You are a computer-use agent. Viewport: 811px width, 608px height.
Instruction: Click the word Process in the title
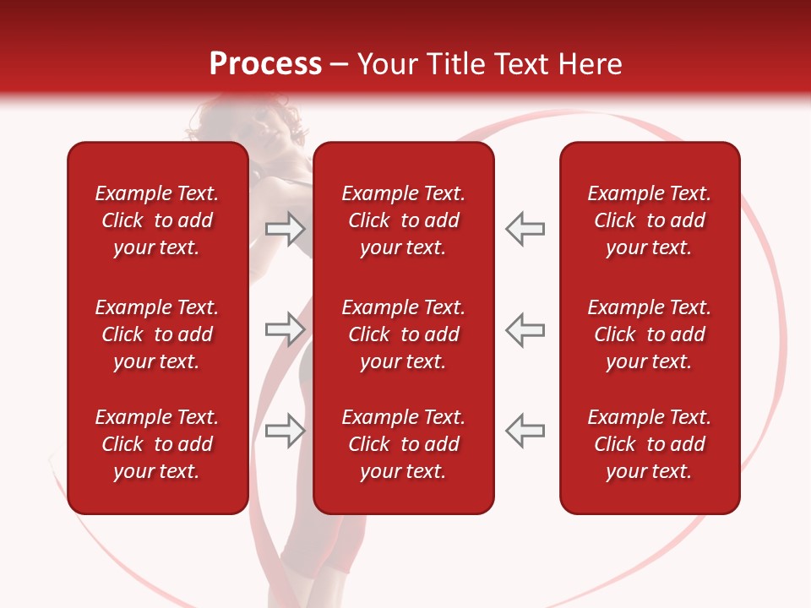(265, 64)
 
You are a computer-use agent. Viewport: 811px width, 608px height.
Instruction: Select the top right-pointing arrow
(285, 229)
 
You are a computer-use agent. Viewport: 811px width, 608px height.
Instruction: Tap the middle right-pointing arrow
(285, 329)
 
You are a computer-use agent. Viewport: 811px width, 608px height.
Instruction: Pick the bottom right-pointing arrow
(285, 431)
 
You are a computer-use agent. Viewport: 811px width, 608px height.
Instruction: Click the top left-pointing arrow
(525, 229)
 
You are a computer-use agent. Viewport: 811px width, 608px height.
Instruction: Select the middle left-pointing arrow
(525, 329)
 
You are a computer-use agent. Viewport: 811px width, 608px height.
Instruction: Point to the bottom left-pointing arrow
(525, 431)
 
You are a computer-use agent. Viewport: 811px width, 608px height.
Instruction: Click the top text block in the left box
(157, 220)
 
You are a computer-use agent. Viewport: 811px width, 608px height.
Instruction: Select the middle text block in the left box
(157, 334)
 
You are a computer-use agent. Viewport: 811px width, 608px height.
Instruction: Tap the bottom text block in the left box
(157, 444)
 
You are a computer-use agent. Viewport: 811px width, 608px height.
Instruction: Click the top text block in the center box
(403, 220)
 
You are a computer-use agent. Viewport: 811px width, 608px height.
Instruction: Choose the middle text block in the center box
(403, 334)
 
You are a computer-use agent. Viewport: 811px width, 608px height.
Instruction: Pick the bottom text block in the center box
(403, 444)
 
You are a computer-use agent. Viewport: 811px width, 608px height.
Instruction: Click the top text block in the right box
(649, 220)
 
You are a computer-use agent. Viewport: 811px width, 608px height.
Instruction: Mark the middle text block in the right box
(649, 334)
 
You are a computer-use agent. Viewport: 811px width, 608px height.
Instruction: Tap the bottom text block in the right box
(649, 444)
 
